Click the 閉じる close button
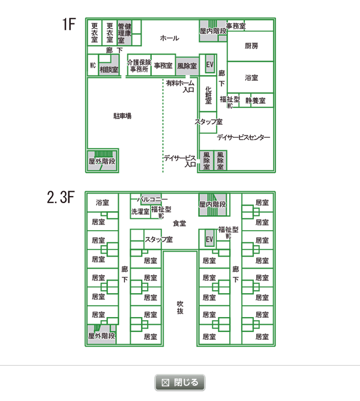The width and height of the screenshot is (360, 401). tap(180, 382)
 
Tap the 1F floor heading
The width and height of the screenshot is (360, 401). tap(69, 24)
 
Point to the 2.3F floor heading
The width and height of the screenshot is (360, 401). tap(61, 197)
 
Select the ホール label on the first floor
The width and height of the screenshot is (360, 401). tap(170, 38)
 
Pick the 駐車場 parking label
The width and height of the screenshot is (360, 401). tap(122, 116)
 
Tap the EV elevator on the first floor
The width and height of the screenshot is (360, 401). tap(210, 64)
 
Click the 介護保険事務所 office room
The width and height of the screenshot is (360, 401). tap(139, 65)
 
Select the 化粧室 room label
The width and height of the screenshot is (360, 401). tap(208, 95)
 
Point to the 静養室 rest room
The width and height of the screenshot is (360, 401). tap(256, 100)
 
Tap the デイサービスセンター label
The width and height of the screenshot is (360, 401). tap(243, 137)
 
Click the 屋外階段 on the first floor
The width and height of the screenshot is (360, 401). tap(103, 161)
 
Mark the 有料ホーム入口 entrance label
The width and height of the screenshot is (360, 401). tap(180, 86)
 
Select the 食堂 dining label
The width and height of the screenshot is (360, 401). tap(179, 223)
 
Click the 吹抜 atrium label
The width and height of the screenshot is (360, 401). tap(180, 307)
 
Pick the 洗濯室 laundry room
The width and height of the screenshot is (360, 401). tap(140, 211)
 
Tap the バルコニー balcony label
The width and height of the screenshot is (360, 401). tap(152, 199)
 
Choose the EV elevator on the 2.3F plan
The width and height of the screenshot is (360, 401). tap(209, 239)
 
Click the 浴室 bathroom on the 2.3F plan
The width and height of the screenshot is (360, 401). tap(103, 203)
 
